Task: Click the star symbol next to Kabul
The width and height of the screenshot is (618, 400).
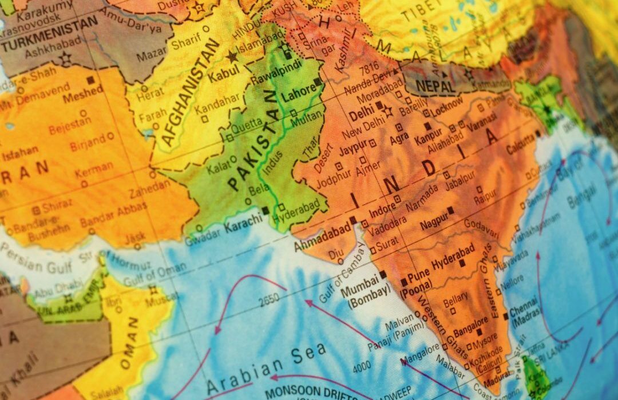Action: [232, 57]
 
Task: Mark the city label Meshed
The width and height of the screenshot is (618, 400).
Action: [82, 95]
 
